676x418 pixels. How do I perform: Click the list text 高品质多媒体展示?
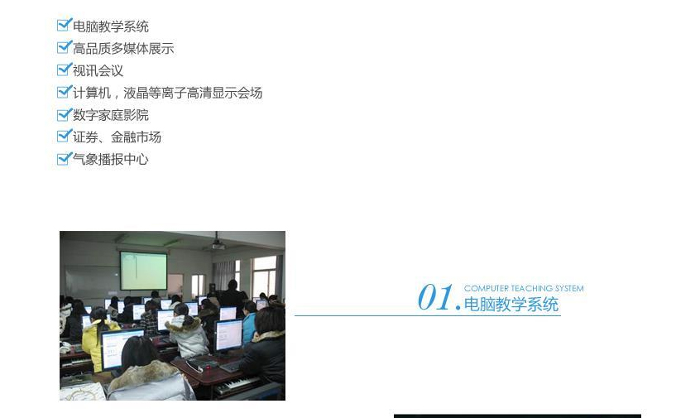coord(123,48)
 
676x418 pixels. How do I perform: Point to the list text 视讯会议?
coord(98,70)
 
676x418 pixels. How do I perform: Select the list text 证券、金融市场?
coord(117,137)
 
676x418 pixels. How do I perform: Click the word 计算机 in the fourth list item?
coord(92,93)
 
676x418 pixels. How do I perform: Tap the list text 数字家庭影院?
coord(111,115)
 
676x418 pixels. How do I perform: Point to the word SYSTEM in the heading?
coord(569,288)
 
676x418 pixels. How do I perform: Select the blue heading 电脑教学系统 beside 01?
coord(511,304)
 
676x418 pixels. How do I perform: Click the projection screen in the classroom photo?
coord(144,271)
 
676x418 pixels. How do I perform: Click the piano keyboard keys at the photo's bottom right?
coord(238,385)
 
